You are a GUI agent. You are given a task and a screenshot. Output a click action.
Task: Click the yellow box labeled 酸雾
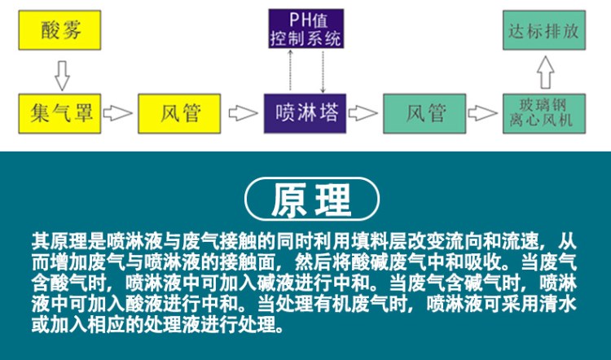click(62, 32)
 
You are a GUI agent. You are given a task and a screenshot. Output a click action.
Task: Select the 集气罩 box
click(62, 113)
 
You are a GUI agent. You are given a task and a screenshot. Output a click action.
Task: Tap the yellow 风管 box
click(180, 113)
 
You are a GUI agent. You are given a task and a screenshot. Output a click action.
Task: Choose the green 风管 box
click(425, 113)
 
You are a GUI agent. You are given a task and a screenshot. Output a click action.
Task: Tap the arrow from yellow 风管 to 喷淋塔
click(242, 113)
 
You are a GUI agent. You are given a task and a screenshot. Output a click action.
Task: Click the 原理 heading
click(312, 200)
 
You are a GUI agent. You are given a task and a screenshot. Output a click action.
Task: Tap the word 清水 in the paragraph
click(562, 306)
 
